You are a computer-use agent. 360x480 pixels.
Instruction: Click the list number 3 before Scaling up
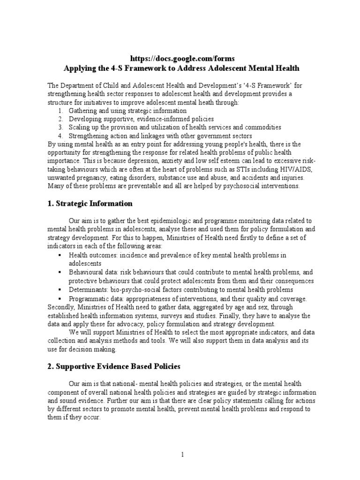[x=60, y=127]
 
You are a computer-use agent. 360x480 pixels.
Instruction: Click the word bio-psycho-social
[x=135, y=290]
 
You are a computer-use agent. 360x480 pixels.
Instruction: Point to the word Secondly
[x=61, y=307]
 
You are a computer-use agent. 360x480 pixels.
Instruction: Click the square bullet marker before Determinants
[x=60, y=290]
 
